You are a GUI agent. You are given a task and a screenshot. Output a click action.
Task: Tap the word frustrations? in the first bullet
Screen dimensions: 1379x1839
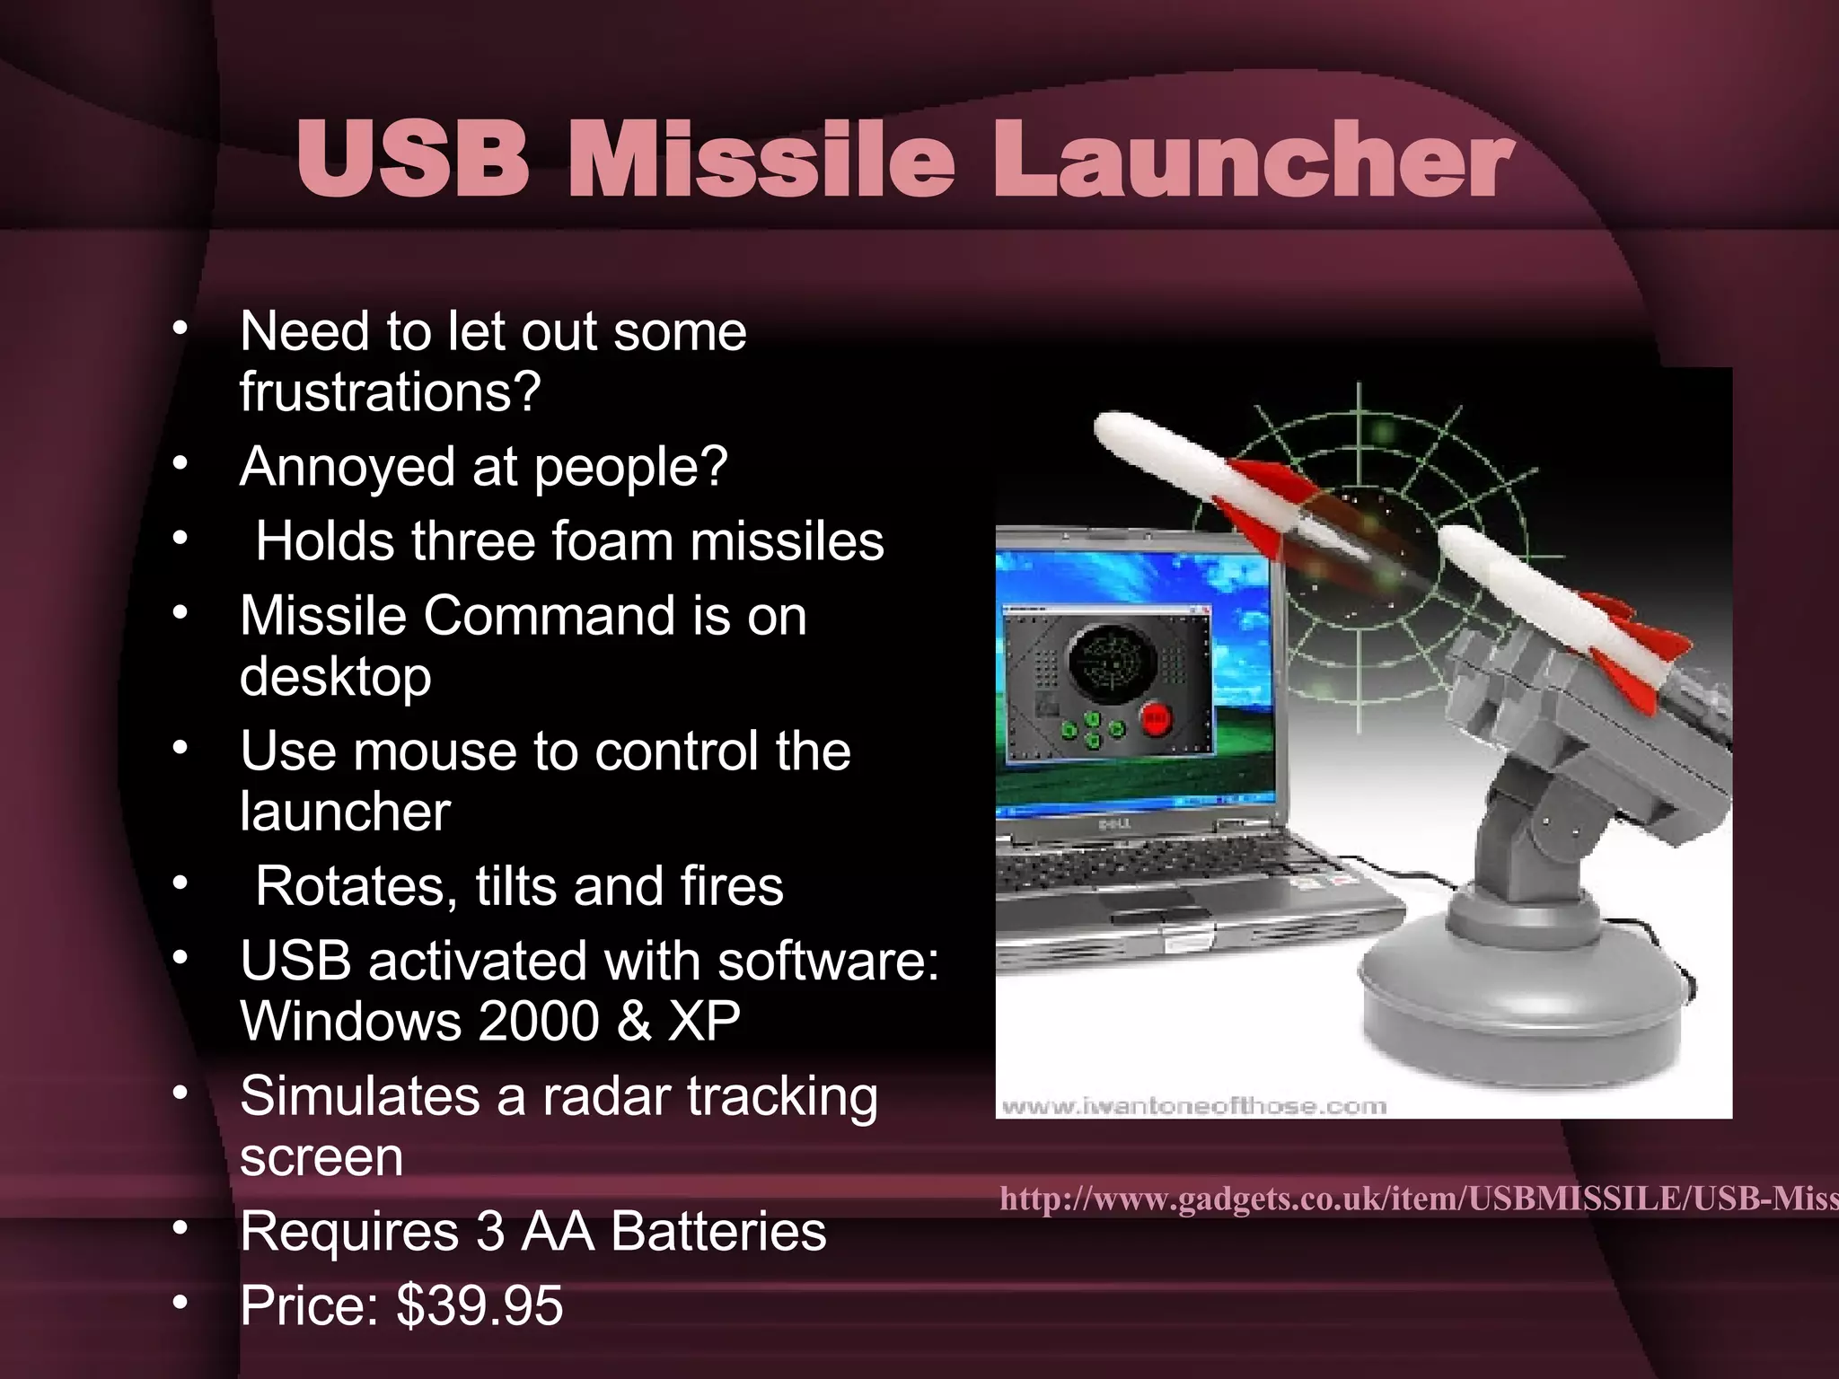(x=390, y=391)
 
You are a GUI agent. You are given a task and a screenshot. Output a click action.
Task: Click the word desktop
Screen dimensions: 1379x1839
(x=335, y=678)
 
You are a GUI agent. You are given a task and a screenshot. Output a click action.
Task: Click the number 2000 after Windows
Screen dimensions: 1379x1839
(x=539, y=1022)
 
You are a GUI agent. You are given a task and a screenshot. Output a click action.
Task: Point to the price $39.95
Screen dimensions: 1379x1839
(x=480, y=1305)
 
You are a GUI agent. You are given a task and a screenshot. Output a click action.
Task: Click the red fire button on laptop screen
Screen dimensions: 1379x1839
(x=1156, y=719)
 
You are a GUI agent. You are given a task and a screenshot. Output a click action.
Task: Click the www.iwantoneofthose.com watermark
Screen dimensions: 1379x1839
(x=1193, y=1106)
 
